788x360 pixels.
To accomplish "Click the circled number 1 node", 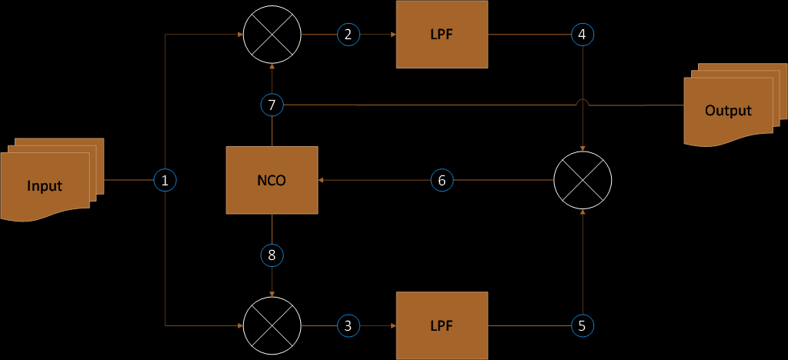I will pyautogui.click(x=165, y=180).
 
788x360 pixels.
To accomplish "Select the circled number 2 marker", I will pyautogui.click(x=348, y=34).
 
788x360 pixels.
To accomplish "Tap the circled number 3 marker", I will pyautogui.click(x=348, y=325).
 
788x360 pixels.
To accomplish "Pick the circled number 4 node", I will pyautogui.click(x=583, y=34).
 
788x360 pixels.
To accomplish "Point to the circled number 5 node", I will pyautogui.click(x=583, y=325).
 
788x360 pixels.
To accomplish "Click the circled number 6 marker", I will pyautogui.click(x=441, y=180).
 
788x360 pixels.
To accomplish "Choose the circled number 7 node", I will pyautogui.click(x=272, y=104).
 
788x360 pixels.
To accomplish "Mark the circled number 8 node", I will pyautogui.click(x=272, y=255).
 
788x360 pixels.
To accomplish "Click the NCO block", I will pyautogui.click(x=272, y=180).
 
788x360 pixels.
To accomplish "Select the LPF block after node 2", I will pyautogui.click(x=442, y=34).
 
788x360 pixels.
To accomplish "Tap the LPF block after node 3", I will pyautogui.click(x=442, y=325).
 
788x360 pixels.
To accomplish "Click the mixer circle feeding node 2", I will pyautogui.click(x=272, y=34).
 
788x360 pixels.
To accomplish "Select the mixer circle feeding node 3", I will pyautogui.click(x=272, y=325).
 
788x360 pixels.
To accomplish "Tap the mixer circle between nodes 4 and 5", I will pyautogui.click(x=583, y=180).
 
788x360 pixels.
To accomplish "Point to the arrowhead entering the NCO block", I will pyautogui.click(x=322, y=180).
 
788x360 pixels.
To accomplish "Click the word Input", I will pyautogui.click(x=45, y=185).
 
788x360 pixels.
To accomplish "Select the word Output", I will pyautogui.click(x=728, y=111).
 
